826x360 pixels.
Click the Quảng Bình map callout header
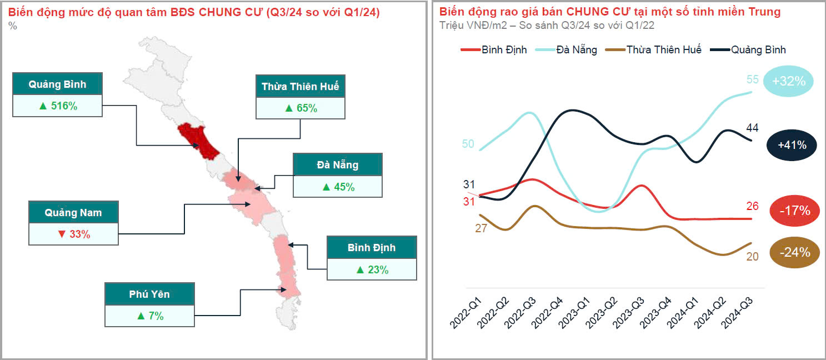coord(58,84)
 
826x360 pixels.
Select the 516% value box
coord(58,106)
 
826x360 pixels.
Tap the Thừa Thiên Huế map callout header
coord(300,87)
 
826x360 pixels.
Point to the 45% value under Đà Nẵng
coord(338,187)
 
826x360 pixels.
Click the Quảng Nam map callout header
coord(73,213)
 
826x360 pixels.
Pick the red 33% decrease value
coord(73,234)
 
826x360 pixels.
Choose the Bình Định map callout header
coord(372,248)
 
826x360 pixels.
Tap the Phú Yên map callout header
coord(149,294)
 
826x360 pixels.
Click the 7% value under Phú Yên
coord(149,316)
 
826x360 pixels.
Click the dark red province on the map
coord(198,139)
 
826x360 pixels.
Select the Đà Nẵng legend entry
coord(566,50)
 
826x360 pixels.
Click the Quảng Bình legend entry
coord(750,50)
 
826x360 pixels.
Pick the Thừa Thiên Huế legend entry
coord(655,50)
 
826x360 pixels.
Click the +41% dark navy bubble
coord(792,146)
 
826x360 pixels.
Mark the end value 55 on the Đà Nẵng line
coord(752,79)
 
